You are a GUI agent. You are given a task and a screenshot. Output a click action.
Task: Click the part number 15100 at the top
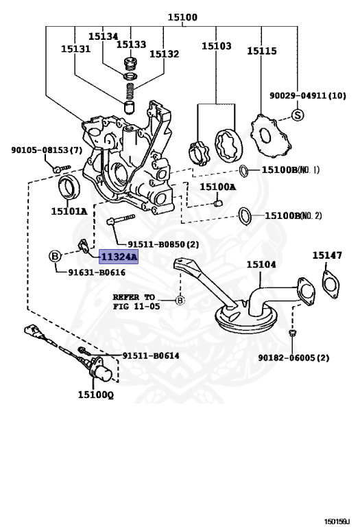coord(182,16)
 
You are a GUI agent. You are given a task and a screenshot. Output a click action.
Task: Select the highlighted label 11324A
coord(118,257)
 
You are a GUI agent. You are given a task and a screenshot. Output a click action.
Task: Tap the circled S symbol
coord(297,115)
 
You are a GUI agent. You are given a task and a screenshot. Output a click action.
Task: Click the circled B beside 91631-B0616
coord(55,257)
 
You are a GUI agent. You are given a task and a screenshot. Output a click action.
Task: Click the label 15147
coord(327,255)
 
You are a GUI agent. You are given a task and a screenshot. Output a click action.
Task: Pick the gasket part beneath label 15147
coord(331,285)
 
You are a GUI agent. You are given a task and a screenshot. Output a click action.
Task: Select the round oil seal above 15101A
coord(69,187)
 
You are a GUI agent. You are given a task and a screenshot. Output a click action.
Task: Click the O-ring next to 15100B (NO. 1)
coord(244,171)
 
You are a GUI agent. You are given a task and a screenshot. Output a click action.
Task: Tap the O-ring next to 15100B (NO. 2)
coord(245,216)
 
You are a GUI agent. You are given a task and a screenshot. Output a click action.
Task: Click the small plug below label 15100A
coord(218,204)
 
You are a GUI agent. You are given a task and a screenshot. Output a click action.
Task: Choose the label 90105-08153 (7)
coord(47,150)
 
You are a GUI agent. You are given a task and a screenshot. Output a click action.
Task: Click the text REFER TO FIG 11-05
coord(136,301)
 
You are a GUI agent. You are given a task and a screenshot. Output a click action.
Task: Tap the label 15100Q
coord(96,395)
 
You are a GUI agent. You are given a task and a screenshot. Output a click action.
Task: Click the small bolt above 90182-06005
coord(292,333)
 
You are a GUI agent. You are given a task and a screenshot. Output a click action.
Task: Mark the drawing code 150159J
coord(337,522)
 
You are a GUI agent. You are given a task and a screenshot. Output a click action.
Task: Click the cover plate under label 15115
coord(271,136)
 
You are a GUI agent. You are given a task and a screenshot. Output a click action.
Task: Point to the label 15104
coord(261,264)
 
